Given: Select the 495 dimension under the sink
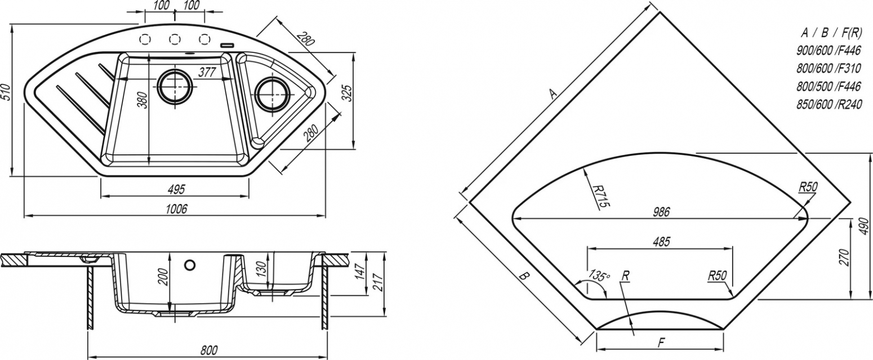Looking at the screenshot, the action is click(x=176, y=189).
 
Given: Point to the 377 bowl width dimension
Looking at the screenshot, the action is click(x=207, y=72).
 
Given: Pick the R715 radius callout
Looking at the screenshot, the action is click(x=600, y=195).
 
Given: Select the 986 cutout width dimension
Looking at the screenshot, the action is click(x=661, y=212).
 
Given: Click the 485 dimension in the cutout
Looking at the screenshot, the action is click(x=661, y=242).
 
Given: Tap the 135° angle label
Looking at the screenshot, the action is click(x=599, y=275).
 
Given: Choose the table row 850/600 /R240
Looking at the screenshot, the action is click(x=829, y=104).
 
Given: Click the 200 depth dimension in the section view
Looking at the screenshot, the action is click(x=164, y=277).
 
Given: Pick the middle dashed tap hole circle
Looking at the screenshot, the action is click(x=175, y=39).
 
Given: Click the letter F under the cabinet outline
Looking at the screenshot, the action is click(x=661, y=343).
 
